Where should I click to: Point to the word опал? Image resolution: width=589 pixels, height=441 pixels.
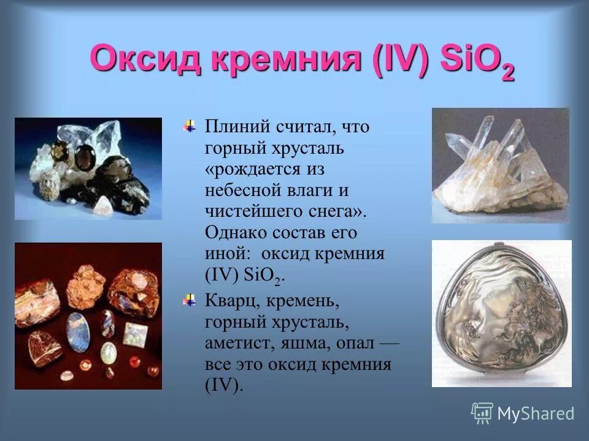click(355, 343)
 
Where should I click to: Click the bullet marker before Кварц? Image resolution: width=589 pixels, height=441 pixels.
click(190, 301)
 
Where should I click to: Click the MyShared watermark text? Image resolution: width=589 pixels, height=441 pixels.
click(536, 413)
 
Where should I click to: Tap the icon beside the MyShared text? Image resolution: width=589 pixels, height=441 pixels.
click(482, 413)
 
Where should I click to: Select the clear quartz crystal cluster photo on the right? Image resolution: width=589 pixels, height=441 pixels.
click(500, 165)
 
